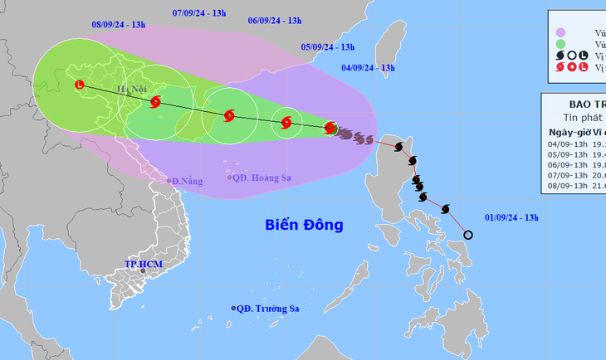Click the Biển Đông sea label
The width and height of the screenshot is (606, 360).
click(x=304, y=225)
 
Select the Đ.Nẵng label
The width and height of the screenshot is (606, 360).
click(x=185, y=180)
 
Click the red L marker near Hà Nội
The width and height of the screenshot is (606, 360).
click(x=80, y=84)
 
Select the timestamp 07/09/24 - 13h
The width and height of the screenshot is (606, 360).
click(x=198, y=13)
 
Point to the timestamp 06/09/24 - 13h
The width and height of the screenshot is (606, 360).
click(x=275, y=21)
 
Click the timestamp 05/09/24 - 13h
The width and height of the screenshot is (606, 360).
click(x=328, y=47)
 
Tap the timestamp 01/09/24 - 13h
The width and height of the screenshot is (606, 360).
click(x=511, y=217)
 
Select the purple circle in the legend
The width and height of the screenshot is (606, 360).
click(x=561, y=32)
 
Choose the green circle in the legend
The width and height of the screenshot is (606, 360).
click(x=561, y=43)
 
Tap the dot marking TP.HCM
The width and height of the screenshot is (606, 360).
click(x=143, y=270)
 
